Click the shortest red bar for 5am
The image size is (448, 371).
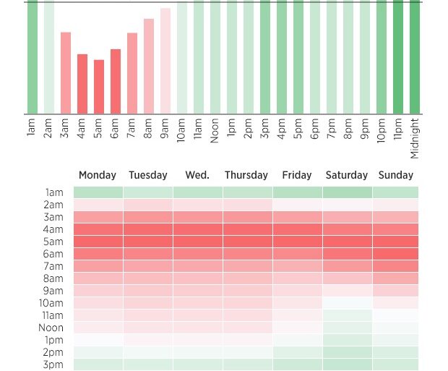click(99, 87)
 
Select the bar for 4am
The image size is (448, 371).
click(82, 84)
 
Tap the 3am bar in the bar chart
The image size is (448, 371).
click(66, 73)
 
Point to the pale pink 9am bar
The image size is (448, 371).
click(165, 61)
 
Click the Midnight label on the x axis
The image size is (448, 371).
click(415, 138)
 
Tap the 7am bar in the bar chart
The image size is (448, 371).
click(132, 73)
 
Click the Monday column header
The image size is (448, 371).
click(98, 175)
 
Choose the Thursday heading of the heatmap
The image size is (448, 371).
click(246, 175)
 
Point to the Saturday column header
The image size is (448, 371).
click(347, 175)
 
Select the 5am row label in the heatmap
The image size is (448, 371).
click(53, 242)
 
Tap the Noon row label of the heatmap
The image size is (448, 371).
click(52, 328)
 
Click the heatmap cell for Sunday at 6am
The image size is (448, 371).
click(395, 254)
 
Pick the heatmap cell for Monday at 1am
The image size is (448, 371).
click(98, 192)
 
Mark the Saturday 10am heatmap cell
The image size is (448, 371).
click(348, 303)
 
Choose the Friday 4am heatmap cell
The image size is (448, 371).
click(298, 229)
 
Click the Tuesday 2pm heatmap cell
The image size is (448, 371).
click(148, 352)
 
